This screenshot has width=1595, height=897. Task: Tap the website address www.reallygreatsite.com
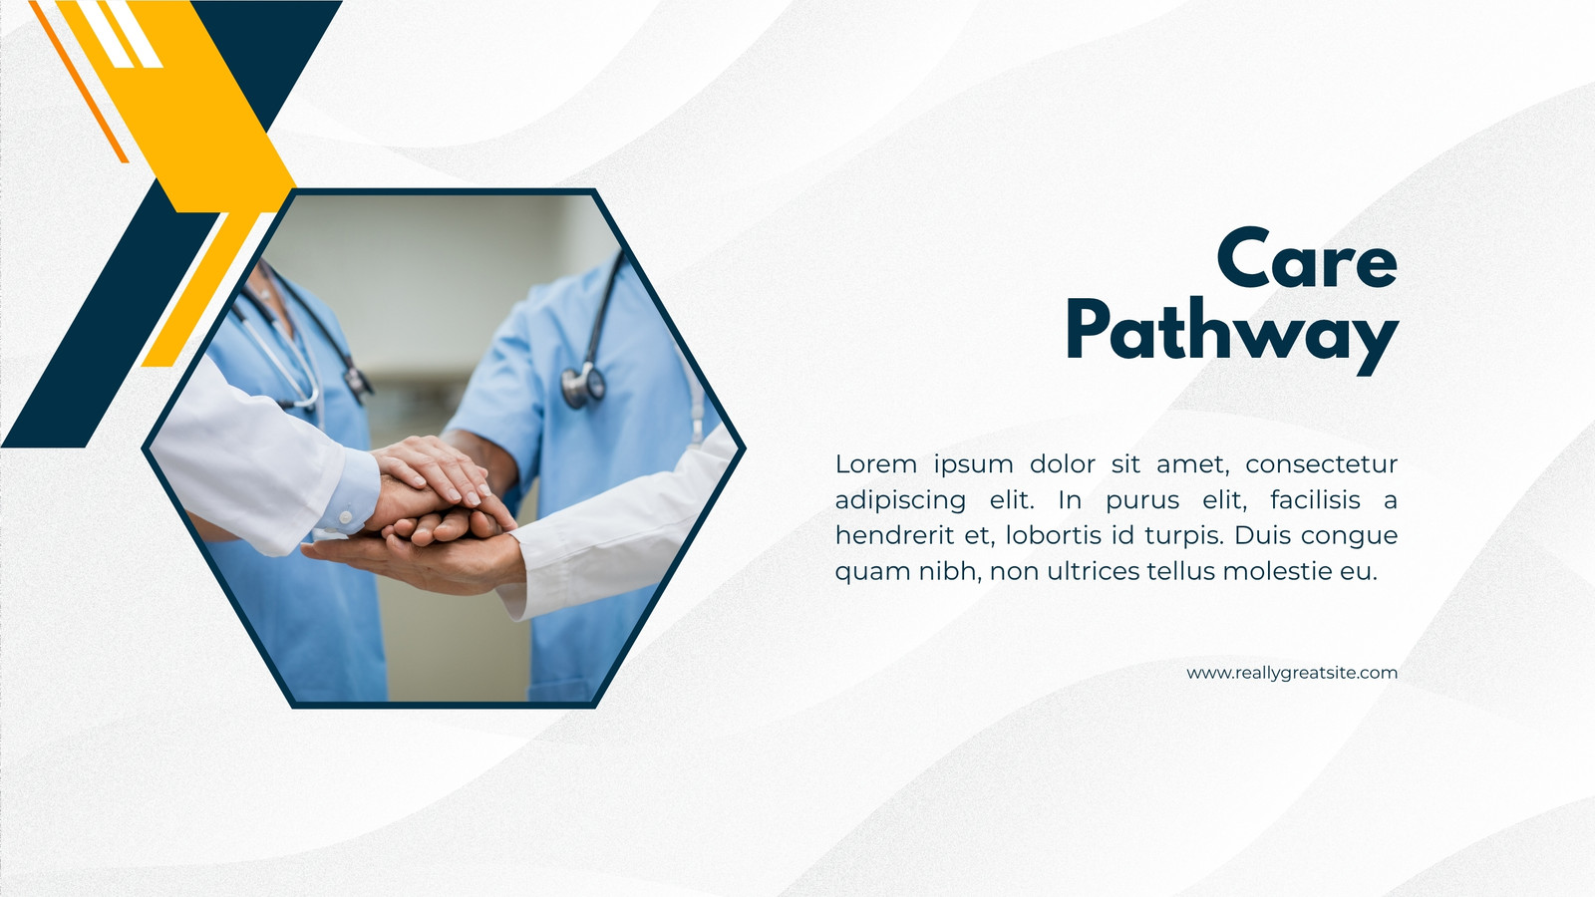[x=1292, y=673]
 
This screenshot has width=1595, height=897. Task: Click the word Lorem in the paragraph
[x=876, y=464]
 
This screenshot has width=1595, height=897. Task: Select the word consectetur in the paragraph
[x=1322, y=464]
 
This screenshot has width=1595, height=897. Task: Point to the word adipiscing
[x=900, y=500]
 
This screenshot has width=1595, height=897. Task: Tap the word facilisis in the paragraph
[x=1315, y=499]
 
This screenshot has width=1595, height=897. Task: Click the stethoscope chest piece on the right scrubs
[x=582, y=386]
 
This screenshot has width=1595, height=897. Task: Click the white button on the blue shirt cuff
[x=345, y=517]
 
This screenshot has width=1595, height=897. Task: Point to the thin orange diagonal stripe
[x=79, y=81]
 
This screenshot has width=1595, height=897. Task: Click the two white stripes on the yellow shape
[x=120, y=34]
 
